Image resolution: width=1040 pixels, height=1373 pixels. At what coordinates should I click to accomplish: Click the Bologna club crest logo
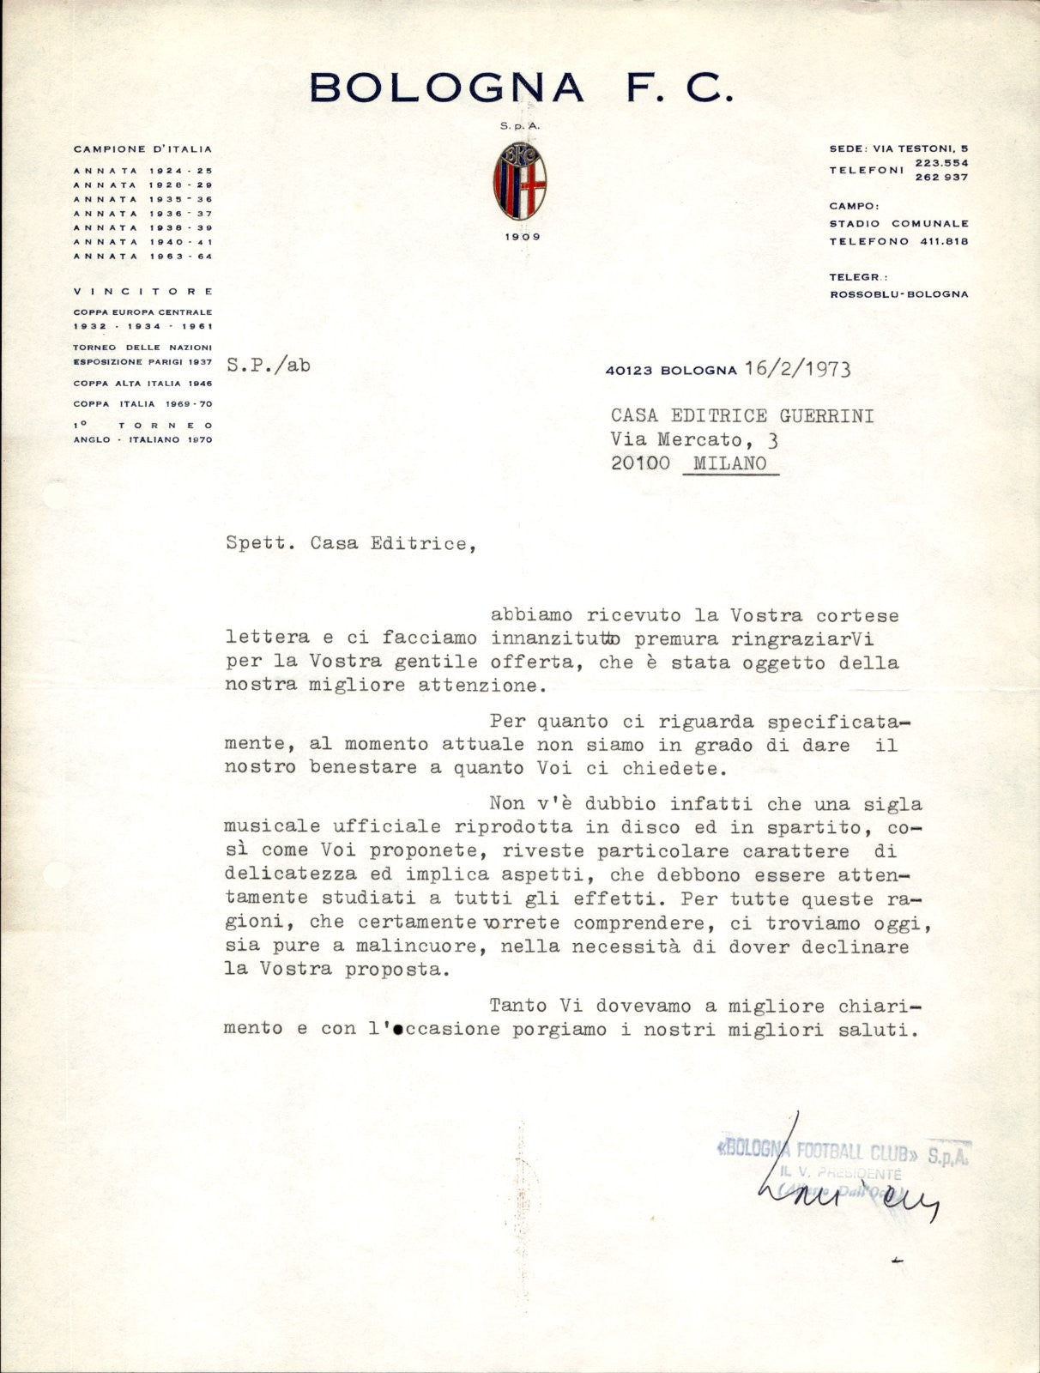[519, 179]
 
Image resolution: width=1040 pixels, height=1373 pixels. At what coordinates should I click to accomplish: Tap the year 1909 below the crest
[520, 236]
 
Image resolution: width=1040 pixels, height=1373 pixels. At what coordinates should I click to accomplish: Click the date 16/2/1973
[798, 369]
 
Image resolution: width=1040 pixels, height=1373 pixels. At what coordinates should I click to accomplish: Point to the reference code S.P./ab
[269, 365]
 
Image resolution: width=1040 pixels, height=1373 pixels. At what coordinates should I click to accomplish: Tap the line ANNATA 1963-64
[143, 256]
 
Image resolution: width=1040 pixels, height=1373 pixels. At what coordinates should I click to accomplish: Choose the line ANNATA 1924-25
[143, 171]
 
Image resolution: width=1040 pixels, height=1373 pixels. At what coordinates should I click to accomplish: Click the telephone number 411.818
[942, 241]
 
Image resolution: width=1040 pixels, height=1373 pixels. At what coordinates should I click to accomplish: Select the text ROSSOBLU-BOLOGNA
[898, 293]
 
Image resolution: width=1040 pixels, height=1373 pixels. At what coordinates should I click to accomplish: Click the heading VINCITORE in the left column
[143, 292]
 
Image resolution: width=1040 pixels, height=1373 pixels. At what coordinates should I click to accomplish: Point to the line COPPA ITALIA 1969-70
[143, 404]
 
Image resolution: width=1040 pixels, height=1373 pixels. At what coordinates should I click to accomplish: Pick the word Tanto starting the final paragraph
[517, 1006]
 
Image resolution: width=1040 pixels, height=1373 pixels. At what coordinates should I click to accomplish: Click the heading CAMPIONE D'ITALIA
[143, 149]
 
